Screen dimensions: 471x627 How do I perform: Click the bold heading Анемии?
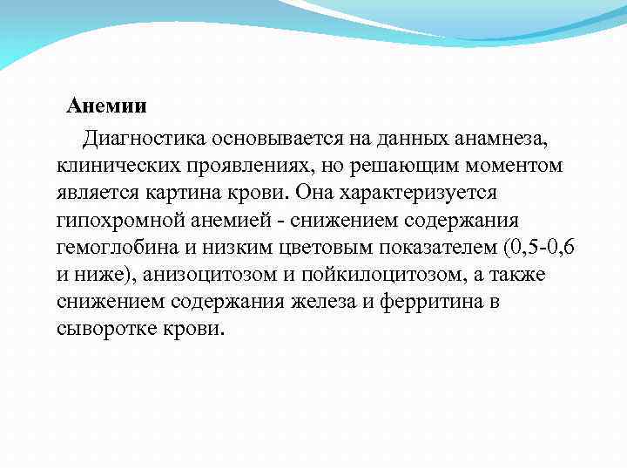(x=108, y=108)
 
